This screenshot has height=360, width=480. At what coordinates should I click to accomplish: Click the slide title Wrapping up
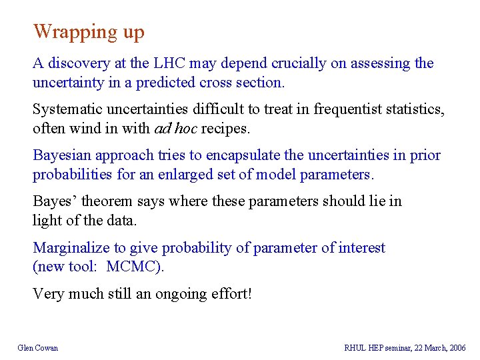(x=89, y=31)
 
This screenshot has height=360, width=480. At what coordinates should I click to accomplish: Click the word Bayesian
(x=62, y=155)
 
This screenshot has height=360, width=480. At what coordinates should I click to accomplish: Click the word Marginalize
(x=71, y=247)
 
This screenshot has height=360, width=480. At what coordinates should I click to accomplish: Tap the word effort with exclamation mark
(x=233, y=293)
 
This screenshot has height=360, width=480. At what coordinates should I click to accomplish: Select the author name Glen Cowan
(x=37, y=347)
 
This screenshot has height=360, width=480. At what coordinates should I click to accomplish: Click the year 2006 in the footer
(x=457, y=347)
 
